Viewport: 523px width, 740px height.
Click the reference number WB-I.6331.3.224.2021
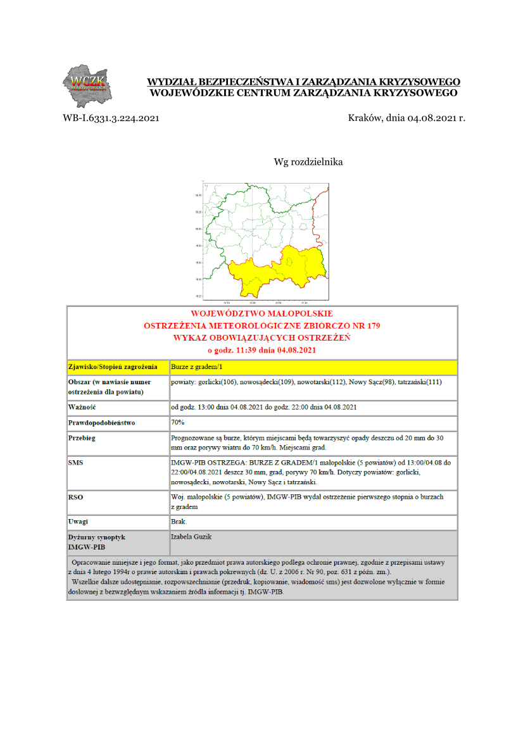coord(110,118)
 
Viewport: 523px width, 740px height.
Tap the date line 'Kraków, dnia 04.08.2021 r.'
coord(406,118)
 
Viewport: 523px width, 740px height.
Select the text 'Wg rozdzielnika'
coord(308,162)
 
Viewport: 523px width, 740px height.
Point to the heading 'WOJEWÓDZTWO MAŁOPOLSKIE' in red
coord(261,313)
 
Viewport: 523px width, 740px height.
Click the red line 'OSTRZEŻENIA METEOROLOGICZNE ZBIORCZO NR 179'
coord(261,325)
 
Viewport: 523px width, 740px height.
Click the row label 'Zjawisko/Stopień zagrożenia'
coord(112,367)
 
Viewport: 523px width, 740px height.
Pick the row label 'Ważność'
coord(82,406)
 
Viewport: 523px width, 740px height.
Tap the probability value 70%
coord(178,422)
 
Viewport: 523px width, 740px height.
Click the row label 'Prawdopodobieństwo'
coord(102,422)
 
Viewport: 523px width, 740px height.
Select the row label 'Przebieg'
coord(82,437)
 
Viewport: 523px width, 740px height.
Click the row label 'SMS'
coord(75,463)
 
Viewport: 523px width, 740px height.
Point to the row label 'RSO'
coord(75,498)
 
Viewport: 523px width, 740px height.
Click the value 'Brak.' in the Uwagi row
coord(179,522)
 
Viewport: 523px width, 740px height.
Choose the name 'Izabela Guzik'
coord(191,537)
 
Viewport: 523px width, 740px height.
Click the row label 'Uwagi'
coord(79,522)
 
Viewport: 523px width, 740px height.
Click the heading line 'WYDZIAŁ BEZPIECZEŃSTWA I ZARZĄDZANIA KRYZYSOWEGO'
coord(303,82)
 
